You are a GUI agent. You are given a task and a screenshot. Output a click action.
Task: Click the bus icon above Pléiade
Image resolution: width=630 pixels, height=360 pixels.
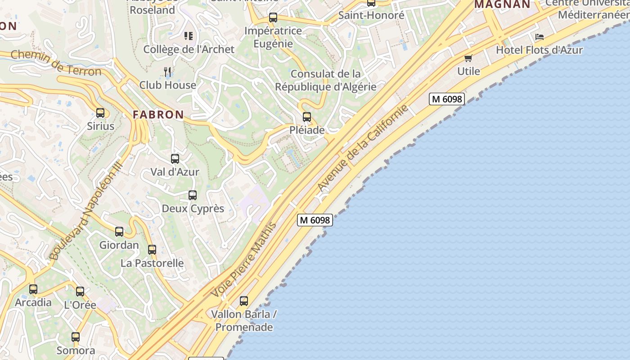coord(307,117)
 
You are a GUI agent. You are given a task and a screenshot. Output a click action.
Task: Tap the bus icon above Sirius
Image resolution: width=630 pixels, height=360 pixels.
coord(100,113)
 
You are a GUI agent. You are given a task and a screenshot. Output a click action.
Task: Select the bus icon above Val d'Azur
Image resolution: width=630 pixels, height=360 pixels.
coord(175,159)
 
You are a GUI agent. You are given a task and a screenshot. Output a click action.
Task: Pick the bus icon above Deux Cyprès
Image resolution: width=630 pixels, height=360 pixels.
coord(193,195)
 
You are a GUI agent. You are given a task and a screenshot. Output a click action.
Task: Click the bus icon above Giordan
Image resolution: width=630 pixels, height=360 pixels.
coord(119,232)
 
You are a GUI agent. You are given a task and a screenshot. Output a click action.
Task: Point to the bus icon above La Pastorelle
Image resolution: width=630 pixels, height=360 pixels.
coord(152,250)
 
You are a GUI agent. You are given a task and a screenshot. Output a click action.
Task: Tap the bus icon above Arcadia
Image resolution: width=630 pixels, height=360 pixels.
coord(33,289)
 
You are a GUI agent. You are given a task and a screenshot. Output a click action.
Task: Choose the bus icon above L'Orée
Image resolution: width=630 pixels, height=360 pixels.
coord(80,292)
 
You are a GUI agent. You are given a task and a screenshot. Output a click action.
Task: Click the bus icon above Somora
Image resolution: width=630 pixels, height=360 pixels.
coord(76,337)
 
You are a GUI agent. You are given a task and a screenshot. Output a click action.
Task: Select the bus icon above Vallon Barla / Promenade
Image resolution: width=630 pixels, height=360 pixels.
coord(244,301)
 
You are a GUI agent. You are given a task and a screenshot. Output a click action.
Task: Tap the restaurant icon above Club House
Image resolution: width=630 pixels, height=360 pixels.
coord(167,72)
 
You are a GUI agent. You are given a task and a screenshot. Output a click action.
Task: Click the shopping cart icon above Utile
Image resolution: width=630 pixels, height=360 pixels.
coord(468,58)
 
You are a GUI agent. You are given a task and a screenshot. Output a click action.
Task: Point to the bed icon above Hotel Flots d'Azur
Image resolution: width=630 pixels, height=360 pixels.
coord(540,37)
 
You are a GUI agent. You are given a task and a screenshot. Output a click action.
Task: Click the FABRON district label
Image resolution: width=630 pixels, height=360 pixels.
coord(158,115)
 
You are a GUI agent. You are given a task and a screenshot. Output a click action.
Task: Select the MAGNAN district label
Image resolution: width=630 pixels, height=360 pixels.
coord(503,4)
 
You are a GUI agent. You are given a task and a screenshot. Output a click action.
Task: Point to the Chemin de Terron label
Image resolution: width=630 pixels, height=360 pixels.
coord(56,63)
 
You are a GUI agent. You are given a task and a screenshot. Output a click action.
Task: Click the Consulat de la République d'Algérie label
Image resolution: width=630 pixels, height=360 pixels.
coord(326,80)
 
